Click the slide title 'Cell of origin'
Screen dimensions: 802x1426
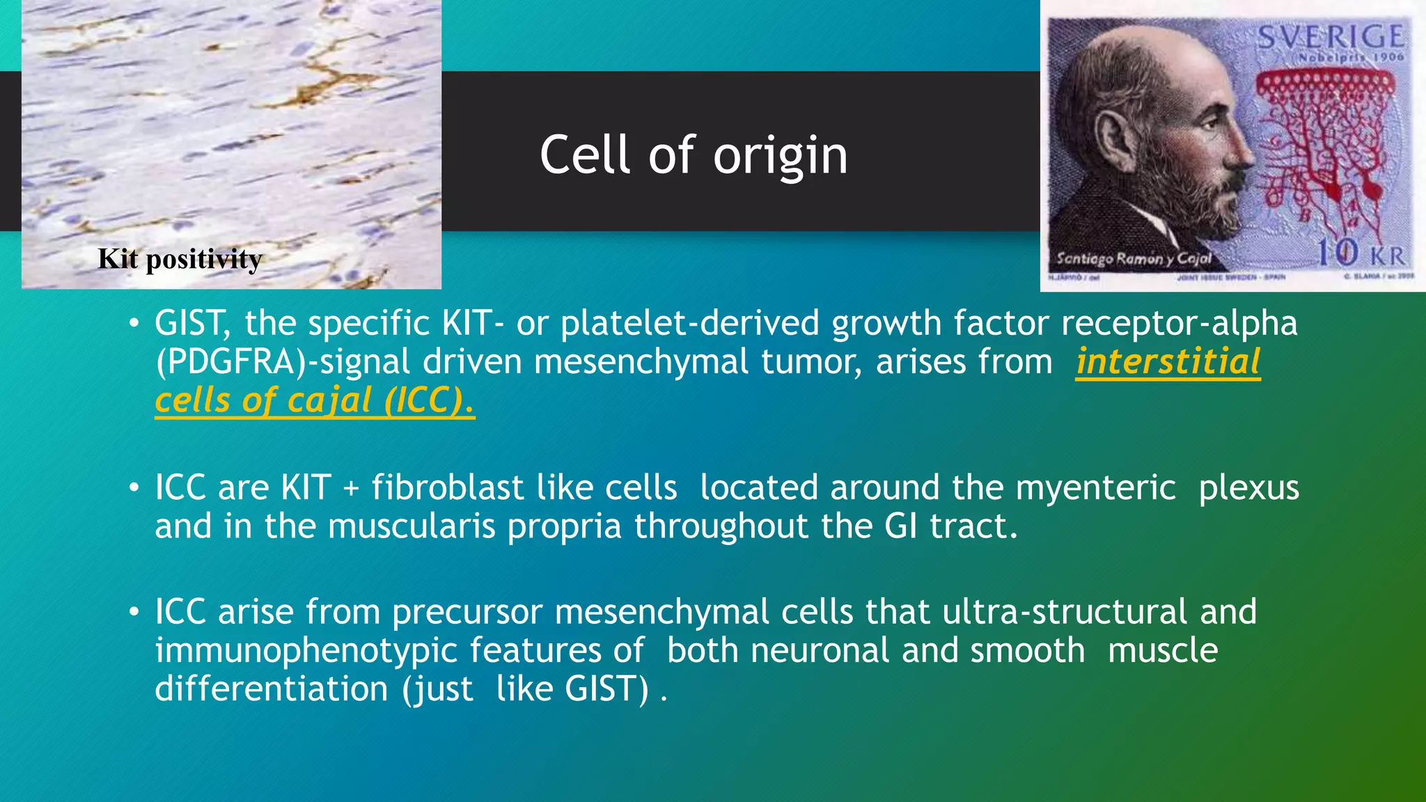[x=694, y=155]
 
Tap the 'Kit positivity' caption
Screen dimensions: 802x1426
[x=180, y=259]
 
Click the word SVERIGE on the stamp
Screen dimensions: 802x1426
[x=1330, y=36]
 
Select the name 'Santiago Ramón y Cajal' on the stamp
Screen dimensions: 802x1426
[x=1134, y=259]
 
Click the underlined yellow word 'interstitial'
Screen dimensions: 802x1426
[x=1168, y=362]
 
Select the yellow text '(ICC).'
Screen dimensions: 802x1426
[x=429, y=401]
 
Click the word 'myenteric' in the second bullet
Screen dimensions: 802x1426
[x=1096, y=487]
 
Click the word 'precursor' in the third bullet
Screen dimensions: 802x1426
[x=467, y=612]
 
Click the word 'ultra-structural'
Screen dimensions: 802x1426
[x=1065, y=612]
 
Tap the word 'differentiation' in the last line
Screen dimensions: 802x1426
[x=272, y=689]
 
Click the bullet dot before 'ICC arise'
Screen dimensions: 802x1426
[x=134, y=612]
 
